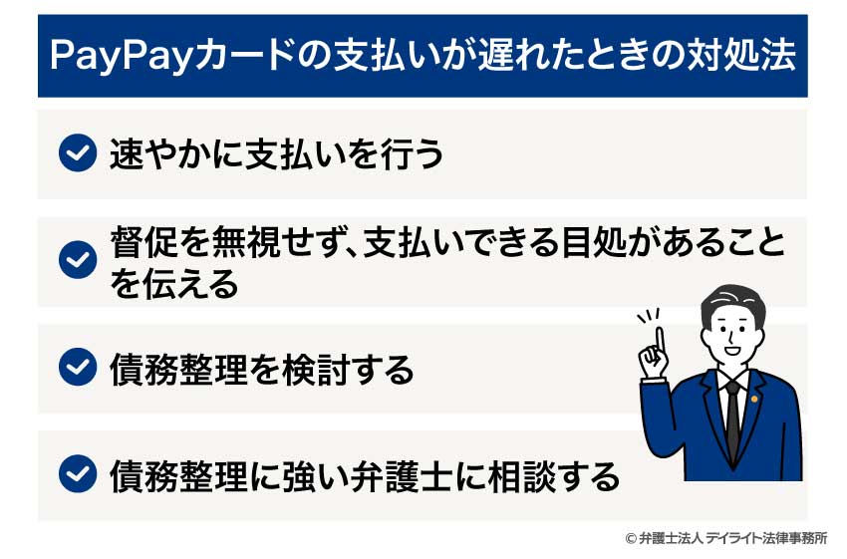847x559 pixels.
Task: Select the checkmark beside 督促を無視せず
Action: pyautogui.click(x=77, y=261)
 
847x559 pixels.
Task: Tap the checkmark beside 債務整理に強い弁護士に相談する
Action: pyautogui.click(x=77, y=474)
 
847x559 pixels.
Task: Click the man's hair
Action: pyautogui.click(x=735, y=298)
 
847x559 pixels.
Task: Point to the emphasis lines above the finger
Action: pyautogui.click(x=650, y=316)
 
